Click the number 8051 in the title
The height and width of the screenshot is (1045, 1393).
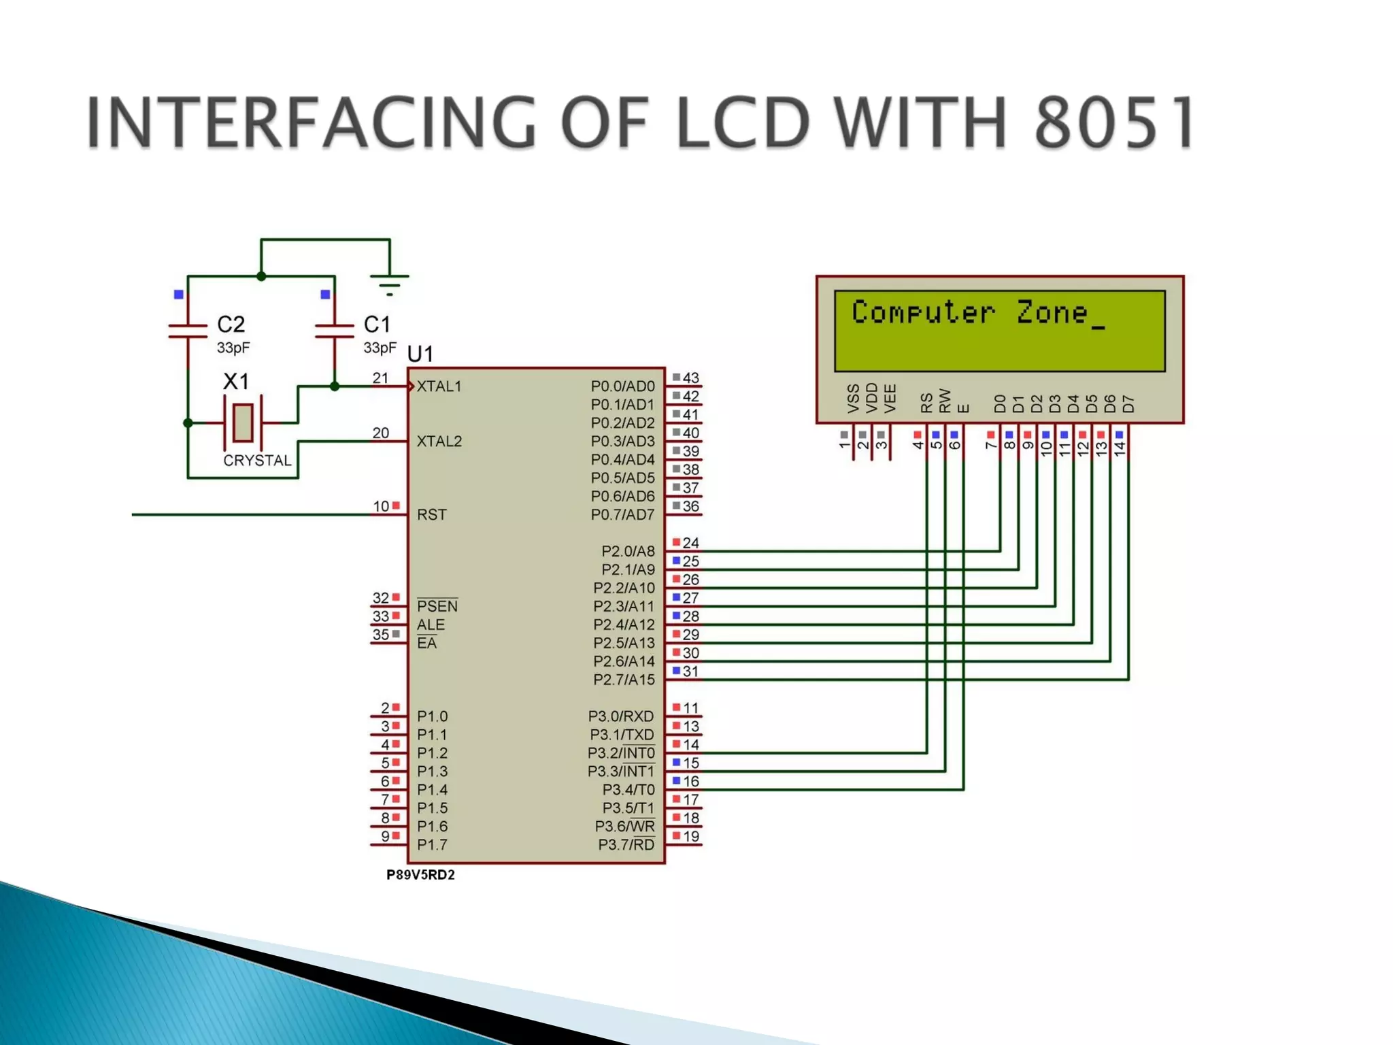(1113, 122)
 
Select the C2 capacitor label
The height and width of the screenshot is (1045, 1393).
(231, 324)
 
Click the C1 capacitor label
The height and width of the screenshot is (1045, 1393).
(377, 324)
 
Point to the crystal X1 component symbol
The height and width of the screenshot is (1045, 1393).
(243, 422)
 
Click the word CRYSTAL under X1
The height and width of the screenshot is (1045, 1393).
(257, 461)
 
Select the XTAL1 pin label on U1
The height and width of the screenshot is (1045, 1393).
(439, 386)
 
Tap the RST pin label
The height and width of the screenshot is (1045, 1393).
(432, 514)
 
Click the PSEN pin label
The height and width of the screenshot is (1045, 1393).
(437, 606)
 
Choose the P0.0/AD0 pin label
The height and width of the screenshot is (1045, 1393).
(622, 386)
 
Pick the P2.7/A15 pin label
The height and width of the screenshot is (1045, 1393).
(624, 680)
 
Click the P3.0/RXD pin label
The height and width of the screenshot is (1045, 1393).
(620, 716)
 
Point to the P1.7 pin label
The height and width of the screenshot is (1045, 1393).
(432, 845)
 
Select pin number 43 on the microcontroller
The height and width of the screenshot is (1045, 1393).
(691, 378)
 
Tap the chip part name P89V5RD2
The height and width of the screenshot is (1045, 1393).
(420, 875)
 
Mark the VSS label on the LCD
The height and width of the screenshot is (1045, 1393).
(854, 399)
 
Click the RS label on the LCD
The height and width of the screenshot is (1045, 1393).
(926, 403)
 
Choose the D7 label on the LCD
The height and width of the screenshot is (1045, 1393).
(1128, 403)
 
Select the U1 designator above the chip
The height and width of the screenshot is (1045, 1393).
(420, 354)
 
